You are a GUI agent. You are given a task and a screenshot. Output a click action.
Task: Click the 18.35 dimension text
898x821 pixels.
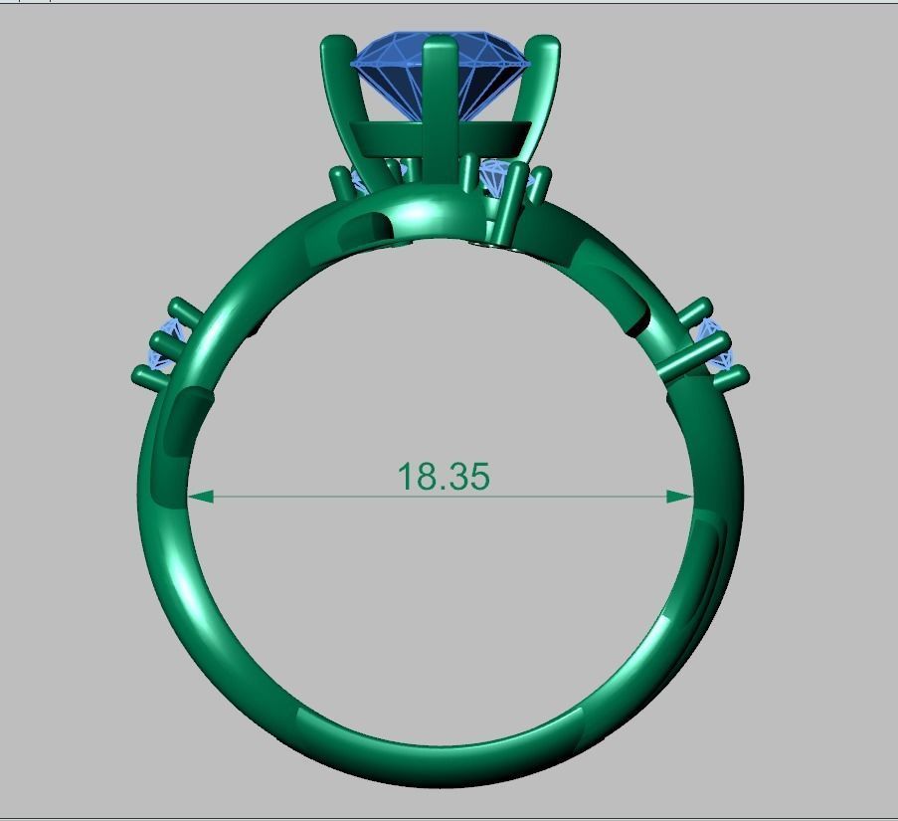[444, 477]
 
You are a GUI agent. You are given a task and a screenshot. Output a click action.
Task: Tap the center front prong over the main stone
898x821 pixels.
[439, 100]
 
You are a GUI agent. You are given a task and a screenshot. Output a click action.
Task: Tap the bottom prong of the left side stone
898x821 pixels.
[147, 375]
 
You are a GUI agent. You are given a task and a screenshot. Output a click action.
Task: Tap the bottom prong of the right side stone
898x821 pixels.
[732, 376]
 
